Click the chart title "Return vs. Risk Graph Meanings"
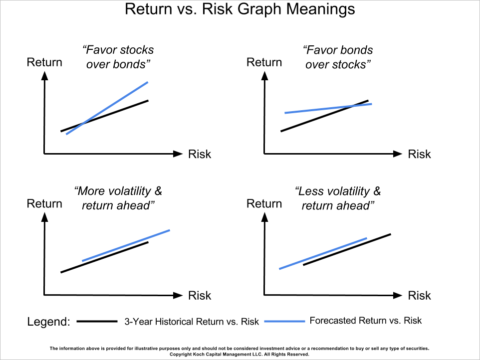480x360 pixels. coord(240,9)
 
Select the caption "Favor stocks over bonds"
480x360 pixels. coord(118,57)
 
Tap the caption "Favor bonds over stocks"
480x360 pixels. coord(338,57)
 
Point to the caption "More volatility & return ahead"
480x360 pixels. coord(118,198)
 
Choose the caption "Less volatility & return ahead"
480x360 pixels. coord(338,198)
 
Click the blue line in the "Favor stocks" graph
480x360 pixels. coord(107,108)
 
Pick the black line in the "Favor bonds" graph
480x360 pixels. coord(324,116)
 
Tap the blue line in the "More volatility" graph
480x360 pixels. coord(126,245)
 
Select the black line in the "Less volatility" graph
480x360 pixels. coord(347,249)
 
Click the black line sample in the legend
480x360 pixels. coord(97,321)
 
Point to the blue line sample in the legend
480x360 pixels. coord(285,321)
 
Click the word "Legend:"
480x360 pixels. coord(49,322)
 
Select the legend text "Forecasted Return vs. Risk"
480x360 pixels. coord(366,321)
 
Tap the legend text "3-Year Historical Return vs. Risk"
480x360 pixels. coord(192,322)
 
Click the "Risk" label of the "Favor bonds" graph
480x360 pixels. coord(419,154)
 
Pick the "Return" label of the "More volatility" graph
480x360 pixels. coord(44,204)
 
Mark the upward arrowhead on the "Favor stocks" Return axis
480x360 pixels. coord(45,76)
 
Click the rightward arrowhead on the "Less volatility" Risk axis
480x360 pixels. coord(397,295)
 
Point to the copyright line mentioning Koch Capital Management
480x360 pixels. coord(240,354)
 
